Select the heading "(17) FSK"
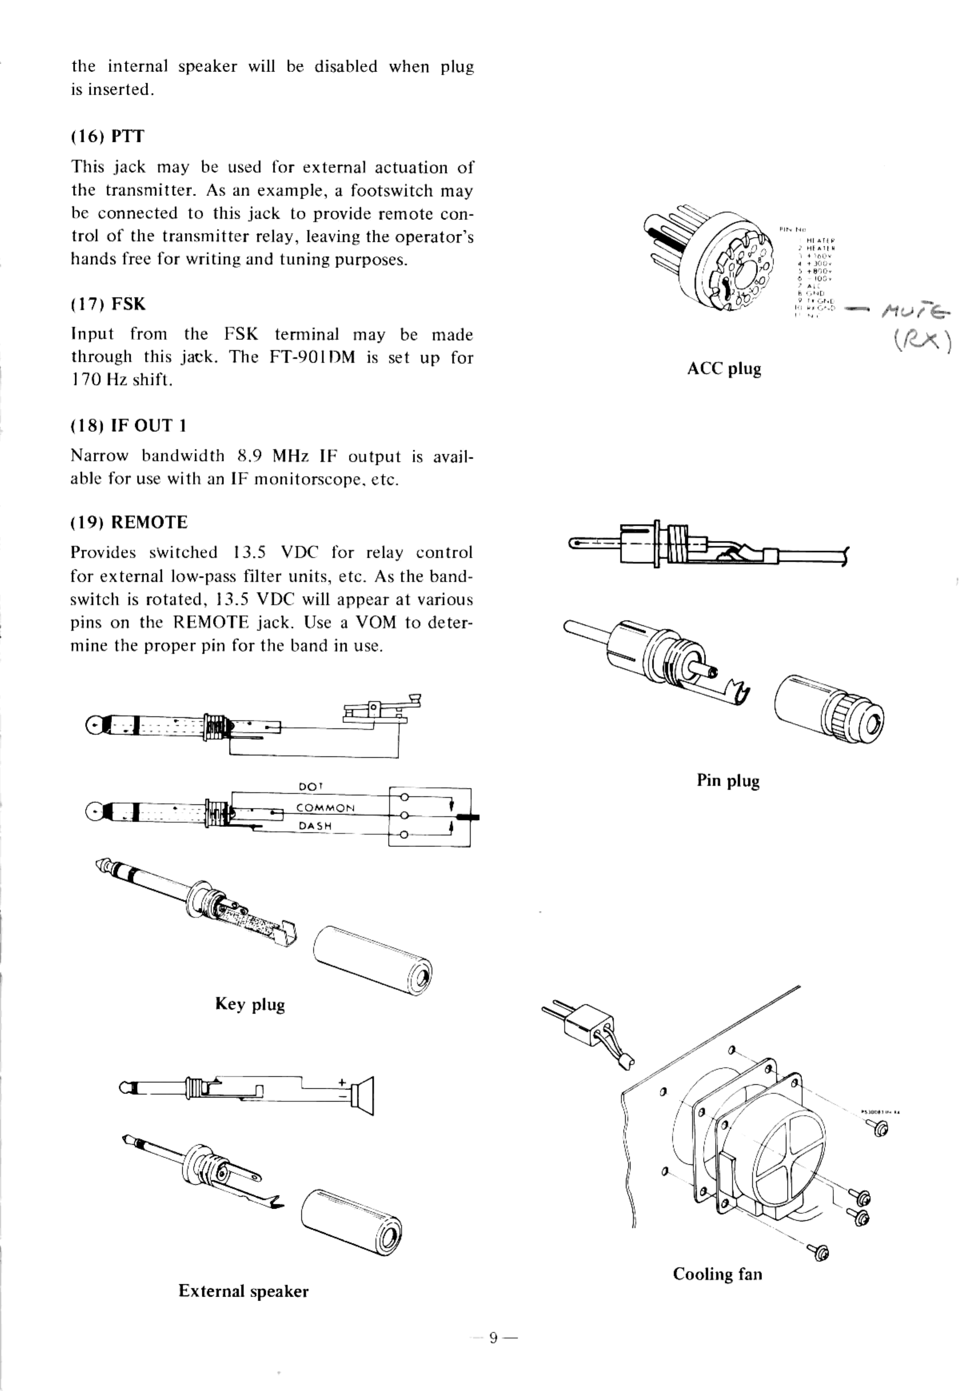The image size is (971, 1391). tap(108, 303)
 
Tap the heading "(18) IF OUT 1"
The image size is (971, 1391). tap(128, 425)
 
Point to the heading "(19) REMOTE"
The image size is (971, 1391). tap(129, 522)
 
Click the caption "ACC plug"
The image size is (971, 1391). tap(724, 369)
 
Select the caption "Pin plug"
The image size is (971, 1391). tap(728, 780)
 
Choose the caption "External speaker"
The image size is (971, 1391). tap(243, 1291)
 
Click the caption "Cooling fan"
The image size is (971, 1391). tap(717, 1274)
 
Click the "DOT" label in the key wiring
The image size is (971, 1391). tap(311, 786)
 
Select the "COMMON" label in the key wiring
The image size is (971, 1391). tap(325, 807)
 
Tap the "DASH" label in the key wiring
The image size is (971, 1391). tap(315, 826)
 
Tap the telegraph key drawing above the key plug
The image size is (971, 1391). tap(378, 710)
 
